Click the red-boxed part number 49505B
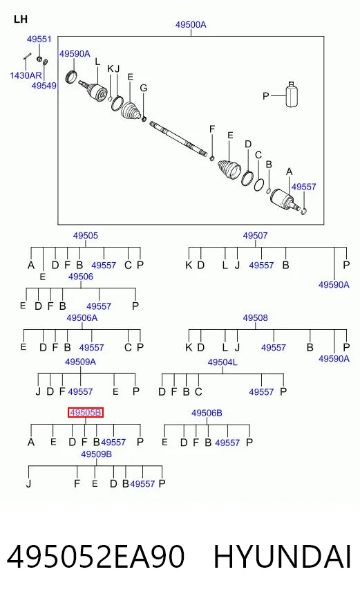[86, 413]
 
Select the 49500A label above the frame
[191, 25]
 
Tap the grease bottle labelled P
[292, 94]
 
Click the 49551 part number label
[39, 39]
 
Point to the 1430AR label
[26, 75]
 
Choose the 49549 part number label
[44, 85]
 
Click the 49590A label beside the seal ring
[75, 54]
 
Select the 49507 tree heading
[255, 235]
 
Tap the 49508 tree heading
[255, 317]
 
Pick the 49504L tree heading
[222, 362]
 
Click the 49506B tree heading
[207, 413]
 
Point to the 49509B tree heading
[96, 454]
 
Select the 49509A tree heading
[80, 362]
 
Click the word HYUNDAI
[282, 557]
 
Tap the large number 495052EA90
[95, 557]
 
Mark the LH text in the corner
[20, 19]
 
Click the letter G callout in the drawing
[143, 88]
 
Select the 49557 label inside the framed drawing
[303, 187]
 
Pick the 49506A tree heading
[82, 317]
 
